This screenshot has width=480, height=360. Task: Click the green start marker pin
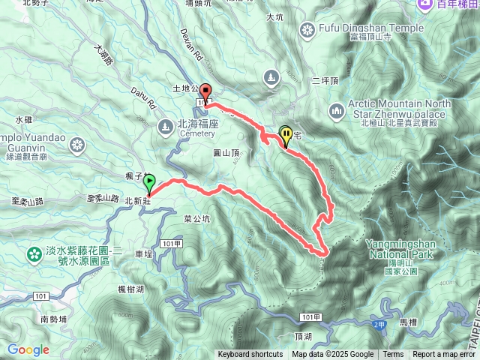coord(149,181)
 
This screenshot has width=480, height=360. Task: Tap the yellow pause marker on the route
coord(286,135)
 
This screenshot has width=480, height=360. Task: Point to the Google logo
coord(28,349)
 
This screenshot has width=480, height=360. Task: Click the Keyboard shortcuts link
coord(250,355)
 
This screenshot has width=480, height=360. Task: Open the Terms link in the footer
coord(393,355)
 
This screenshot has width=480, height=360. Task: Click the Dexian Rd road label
coord(192,45)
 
